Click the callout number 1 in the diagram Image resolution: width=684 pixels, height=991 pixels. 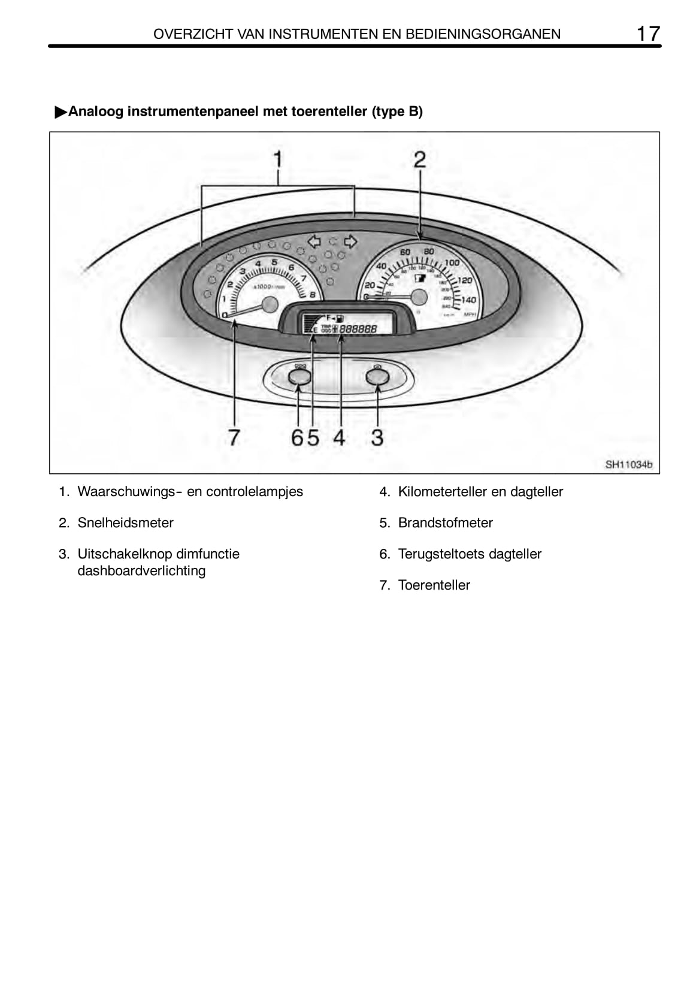click(278, 160)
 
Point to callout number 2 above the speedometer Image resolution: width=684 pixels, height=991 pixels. click(419, 160)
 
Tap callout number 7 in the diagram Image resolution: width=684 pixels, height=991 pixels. click(234, 437)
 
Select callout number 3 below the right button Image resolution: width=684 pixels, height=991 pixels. click(377, 437)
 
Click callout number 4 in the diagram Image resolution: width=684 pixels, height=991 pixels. click(339, 437)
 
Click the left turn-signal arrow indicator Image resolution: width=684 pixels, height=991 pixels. click(314, 241)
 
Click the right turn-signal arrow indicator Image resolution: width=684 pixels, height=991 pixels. click(351, 241)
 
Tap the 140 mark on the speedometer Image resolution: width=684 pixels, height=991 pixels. click(468, 300)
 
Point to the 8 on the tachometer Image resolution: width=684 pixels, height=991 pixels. click(313, 295)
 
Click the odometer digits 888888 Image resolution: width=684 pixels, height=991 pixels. click(358, 329)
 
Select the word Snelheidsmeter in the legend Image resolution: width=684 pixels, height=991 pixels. click(125, 522)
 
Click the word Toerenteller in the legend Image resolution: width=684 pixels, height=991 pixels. click(434, 585)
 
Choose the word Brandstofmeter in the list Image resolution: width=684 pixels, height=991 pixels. click(445, 522)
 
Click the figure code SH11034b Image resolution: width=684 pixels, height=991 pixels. click(628, 464)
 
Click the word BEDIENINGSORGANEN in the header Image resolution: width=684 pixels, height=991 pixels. click(483, 34)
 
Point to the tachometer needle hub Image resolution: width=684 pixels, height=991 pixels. click(271, 304)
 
